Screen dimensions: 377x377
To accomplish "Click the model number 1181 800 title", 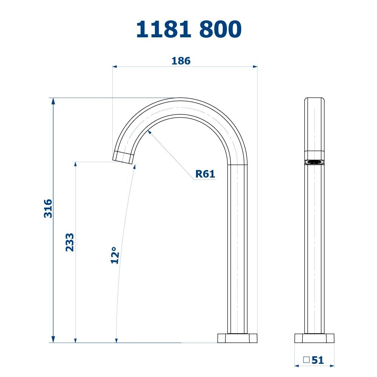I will [x=188, y=29].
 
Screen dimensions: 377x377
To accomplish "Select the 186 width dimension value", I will [x=181, y=61].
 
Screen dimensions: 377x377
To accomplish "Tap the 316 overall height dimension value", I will [x=48, y=208].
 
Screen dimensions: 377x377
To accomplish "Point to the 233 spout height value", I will [x=70, y=242].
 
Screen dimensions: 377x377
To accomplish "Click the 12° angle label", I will [x=115, y=255].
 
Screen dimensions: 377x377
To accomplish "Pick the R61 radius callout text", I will [x=205, y=174].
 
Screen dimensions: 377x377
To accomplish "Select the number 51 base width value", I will [x=318, y=360].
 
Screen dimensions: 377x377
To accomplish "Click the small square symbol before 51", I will [x=307, y=360].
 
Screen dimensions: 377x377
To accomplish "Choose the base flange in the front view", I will [x=314, y=338].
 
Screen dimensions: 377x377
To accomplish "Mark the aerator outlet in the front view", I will [x=314, y=162].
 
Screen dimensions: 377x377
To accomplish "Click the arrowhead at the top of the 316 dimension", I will [x=53, y=101].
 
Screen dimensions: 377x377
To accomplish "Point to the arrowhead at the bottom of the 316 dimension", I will [x=53, y=340].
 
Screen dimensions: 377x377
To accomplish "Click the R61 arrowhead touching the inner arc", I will [x=150, y=131].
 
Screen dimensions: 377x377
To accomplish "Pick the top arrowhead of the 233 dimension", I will [x=76, y=164].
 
